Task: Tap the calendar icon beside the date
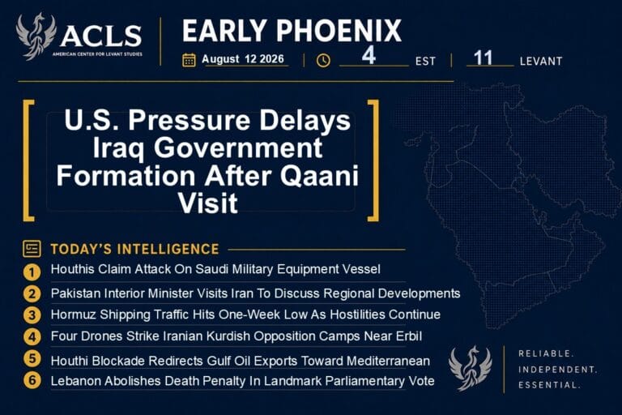[189, 60]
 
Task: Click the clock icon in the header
[323, 60]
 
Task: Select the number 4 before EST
[369, 55]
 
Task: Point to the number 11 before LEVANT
[484, 58]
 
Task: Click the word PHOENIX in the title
[339, 31]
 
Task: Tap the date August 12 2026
[243, 59]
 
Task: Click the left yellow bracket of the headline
[28, 160]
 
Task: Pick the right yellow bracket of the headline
[373, 160]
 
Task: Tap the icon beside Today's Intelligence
[32, 249]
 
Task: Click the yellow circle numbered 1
[32, 272]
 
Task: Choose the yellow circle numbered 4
[32, 336]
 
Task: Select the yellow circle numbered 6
[32, 380]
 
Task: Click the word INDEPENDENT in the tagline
[557, 370]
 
